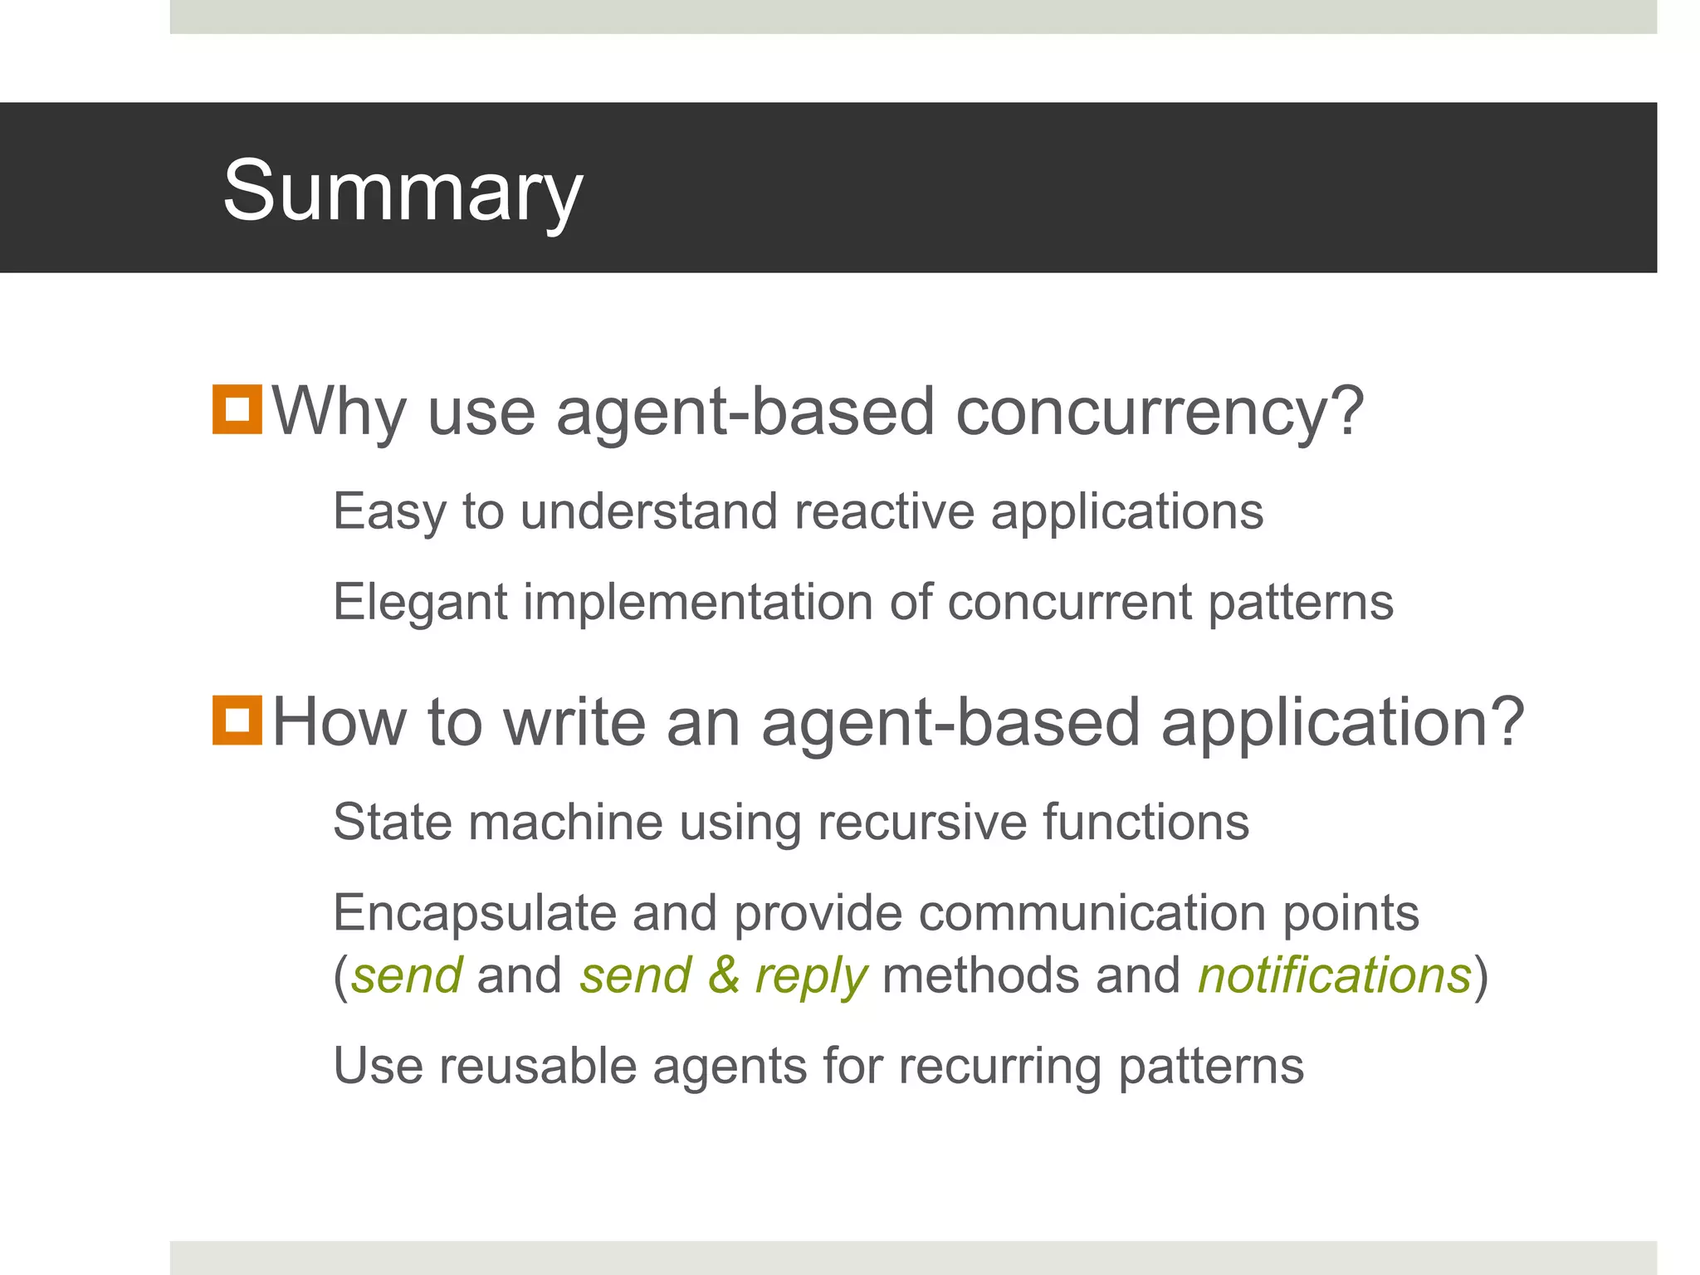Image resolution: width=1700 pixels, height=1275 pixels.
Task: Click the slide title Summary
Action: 403,191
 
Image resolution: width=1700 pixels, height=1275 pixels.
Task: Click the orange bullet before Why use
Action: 237,409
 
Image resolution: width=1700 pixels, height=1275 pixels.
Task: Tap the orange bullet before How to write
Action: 237,720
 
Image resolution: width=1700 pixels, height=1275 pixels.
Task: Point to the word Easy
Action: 389,512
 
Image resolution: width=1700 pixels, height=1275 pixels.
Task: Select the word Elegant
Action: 420,603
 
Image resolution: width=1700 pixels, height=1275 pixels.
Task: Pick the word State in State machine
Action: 392,822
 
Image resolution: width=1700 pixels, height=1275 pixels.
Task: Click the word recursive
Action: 921,822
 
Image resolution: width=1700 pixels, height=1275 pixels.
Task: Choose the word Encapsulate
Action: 474,913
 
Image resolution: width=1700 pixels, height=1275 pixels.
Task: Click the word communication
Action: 1092,913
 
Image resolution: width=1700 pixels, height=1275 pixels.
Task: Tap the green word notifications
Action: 1334,975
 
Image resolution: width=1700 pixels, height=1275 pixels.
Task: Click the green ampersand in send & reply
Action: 723,975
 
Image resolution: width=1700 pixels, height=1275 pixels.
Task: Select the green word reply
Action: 811,976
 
